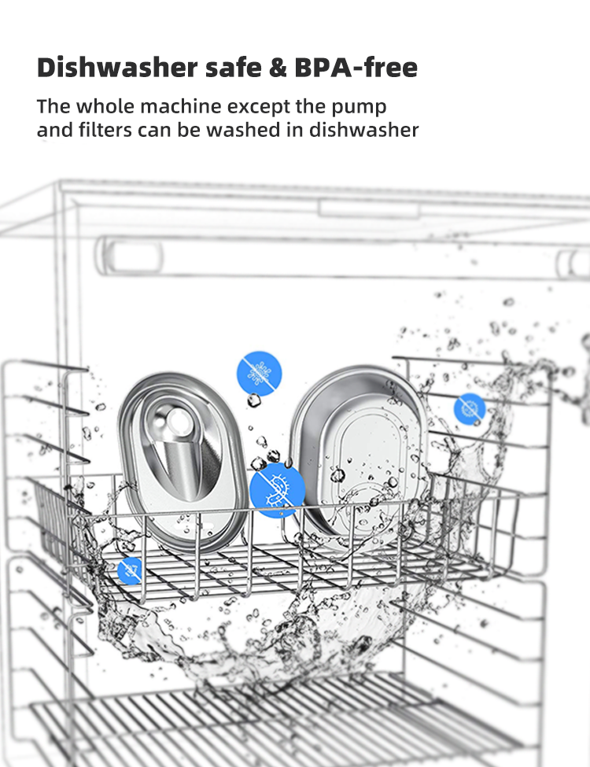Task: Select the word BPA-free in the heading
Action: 355,68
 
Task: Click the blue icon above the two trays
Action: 260,373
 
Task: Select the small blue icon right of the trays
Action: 470,408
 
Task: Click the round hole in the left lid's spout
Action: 182,421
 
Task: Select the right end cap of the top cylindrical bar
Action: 573,264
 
